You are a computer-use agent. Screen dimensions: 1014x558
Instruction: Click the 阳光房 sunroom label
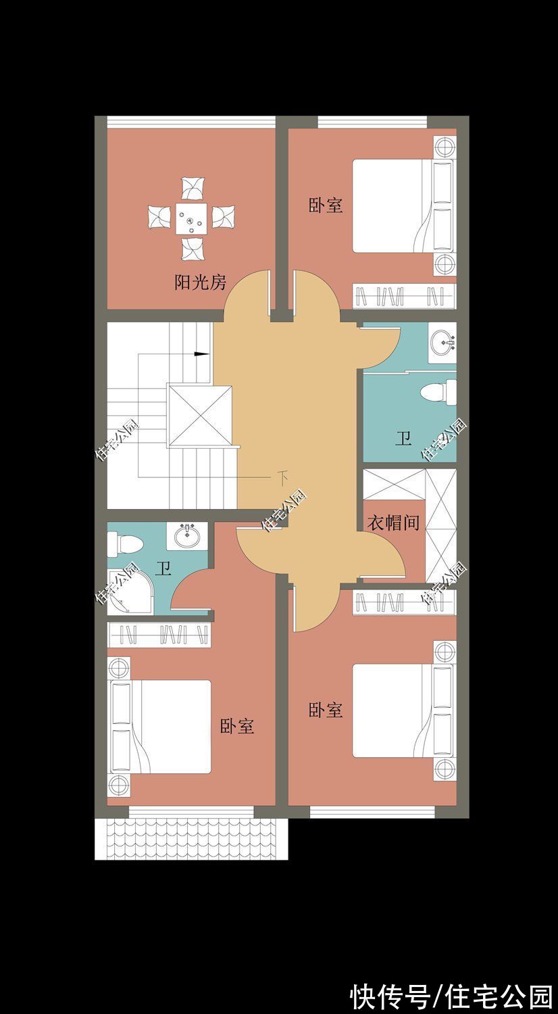coord(200,283)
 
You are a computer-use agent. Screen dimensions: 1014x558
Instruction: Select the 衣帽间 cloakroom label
coord(393,523)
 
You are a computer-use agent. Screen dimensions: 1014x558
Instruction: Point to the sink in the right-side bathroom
coord(442,341)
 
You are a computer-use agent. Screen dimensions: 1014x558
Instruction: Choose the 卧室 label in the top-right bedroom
coord(326,206)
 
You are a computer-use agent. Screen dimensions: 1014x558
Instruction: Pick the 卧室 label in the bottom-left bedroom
coord(237,727)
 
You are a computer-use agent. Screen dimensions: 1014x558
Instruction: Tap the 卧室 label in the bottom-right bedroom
coord(326,710)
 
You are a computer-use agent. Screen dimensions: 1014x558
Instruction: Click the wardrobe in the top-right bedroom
coord(403,296)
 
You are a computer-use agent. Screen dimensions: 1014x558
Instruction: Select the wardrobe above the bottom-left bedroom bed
coord(159,634)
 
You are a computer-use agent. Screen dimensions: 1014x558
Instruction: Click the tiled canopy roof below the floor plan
coord(191,839)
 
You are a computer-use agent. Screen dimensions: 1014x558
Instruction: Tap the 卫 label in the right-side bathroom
coord(403,439)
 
